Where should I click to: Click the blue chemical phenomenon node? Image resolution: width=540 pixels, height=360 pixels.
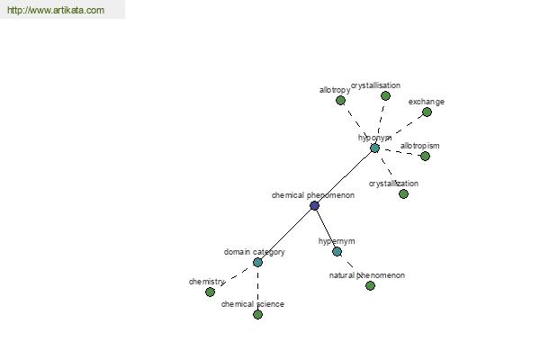click(314, 206)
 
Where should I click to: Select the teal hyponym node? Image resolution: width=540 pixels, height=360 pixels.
click(374, 148)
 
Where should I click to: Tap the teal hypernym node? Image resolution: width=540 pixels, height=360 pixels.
click(337, 251)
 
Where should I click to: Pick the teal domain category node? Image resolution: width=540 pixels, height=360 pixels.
click(257, 263)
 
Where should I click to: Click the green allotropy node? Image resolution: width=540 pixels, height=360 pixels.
click(340, 101)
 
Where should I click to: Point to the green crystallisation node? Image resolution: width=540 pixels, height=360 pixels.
click(385, 95)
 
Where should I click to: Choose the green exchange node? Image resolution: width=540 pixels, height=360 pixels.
click(427, 112)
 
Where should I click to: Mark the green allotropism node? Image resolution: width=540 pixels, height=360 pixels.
click(426, 156)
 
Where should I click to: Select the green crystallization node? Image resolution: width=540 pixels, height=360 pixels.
click(403, 194)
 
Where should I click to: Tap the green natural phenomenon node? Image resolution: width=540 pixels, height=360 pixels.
click(370, 285)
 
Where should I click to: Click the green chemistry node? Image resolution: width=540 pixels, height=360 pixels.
click(210, 292)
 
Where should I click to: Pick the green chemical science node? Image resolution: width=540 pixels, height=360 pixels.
click(257, 314)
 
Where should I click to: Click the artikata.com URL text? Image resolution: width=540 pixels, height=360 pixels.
click(56, 10)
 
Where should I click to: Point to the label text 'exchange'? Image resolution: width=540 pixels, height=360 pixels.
click(427, 102)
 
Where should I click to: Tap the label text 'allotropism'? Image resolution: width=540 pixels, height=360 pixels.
click(419, 146)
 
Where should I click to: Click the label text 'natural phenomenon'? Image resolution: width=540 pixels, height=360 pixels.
click(367, 275)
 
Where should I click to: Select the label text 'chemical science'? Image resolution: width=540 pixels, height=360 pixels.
click(253, 304)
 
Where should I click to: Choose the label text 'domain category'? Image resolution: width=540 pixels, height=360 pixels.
click(255, 252)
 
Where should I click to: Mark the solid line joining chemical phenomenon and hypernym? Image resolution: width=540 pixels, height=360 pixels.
click(326, 229)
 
